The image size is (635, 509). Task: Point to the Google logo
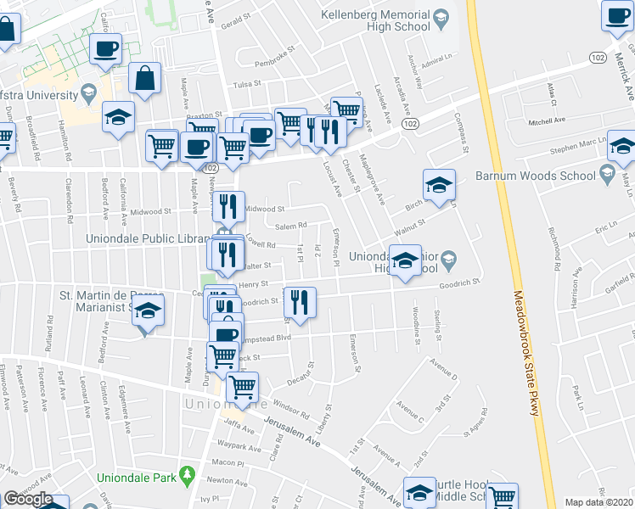click(27, 499)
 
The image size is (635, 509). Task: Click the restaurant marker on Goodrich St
click(300, 302)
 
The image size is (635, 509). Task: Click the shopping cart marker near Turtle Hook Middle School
click(503, 497)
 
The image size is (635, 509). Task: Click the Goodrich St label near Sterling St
click(459, 282)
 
